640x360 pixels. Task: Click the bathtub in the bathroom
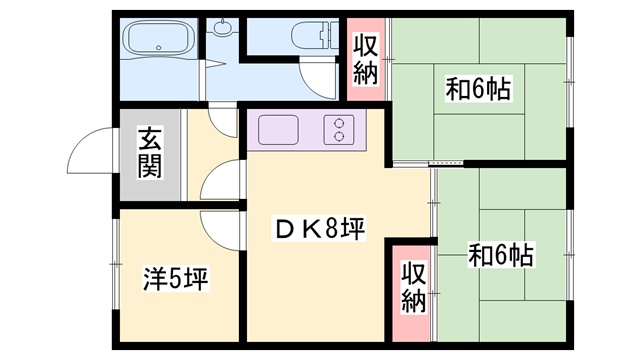tap(159, 37)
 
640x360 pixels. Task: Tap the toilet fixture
tap(315, 36)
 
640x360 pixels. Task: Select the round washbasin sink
tap(222, 27)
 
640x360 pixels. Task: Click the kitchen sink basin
tap(278, 130)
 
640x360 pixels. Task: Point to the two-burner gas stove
tap(339, 130)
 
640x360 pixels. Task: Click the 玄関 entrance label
tap(149, 153)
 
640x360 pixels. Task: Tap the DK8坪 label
tap(320, 229)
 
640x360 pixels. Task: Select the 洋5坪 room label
tap(176, 279)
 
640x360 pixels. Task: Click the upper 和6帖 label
tap(478, 90)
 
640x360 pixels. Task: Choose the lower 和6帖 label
tap(500, 256)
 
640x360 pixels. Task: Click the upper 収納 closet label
tap(365, 60)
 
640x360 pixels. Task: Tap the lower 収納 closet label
tap(413, 287)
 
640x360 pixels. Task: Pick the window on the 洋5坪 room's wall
tap(116, 264)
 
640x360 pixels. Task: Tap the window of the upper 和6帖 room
tap(569, 82)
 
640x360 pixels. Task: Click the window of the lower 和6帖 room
tap(570, 255)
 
